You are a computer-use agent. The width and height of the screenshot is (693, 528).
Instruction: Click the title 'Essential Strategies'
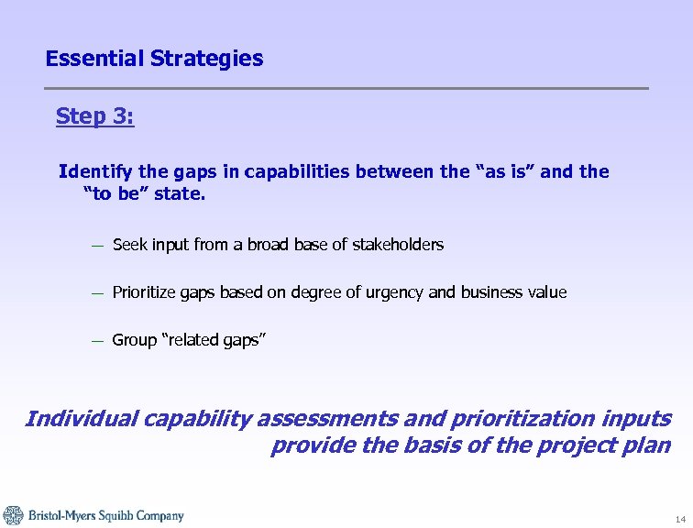point(154,59)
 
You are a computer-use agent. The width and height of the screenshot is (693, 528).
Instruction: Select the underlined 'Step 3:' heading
point(95,116)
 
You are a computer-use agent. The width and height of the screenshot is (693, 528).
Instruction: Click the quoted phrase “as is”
point(496,171)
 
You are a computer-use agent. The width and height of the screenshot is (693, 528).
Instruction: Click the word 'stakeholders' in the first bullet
point(398,245)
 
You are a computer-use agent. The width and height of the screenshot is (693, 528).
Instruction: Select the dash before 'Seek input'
point(96,246)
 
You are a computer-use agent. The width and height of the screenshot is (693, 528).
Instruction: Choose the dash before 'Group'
point(96,341)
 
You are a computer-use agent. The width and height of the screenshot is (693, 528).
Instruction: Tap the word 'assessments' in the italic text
point(328,419)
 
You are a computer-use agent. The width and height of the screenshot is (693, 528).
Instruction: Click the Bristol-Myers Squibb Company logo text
point(104,516)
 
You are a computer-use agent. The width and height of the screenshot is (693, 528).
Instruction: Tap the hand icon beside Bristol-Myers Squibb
point(13,515)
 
